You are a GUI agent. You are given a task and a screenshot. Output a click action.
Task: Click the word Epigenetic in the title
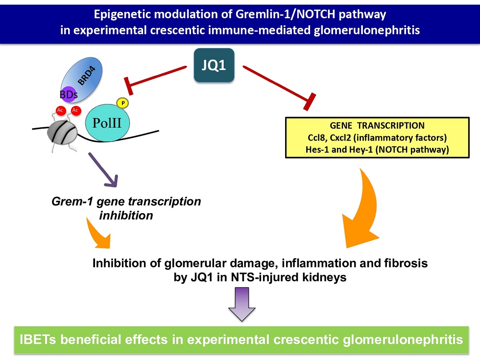coord(120,15)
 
